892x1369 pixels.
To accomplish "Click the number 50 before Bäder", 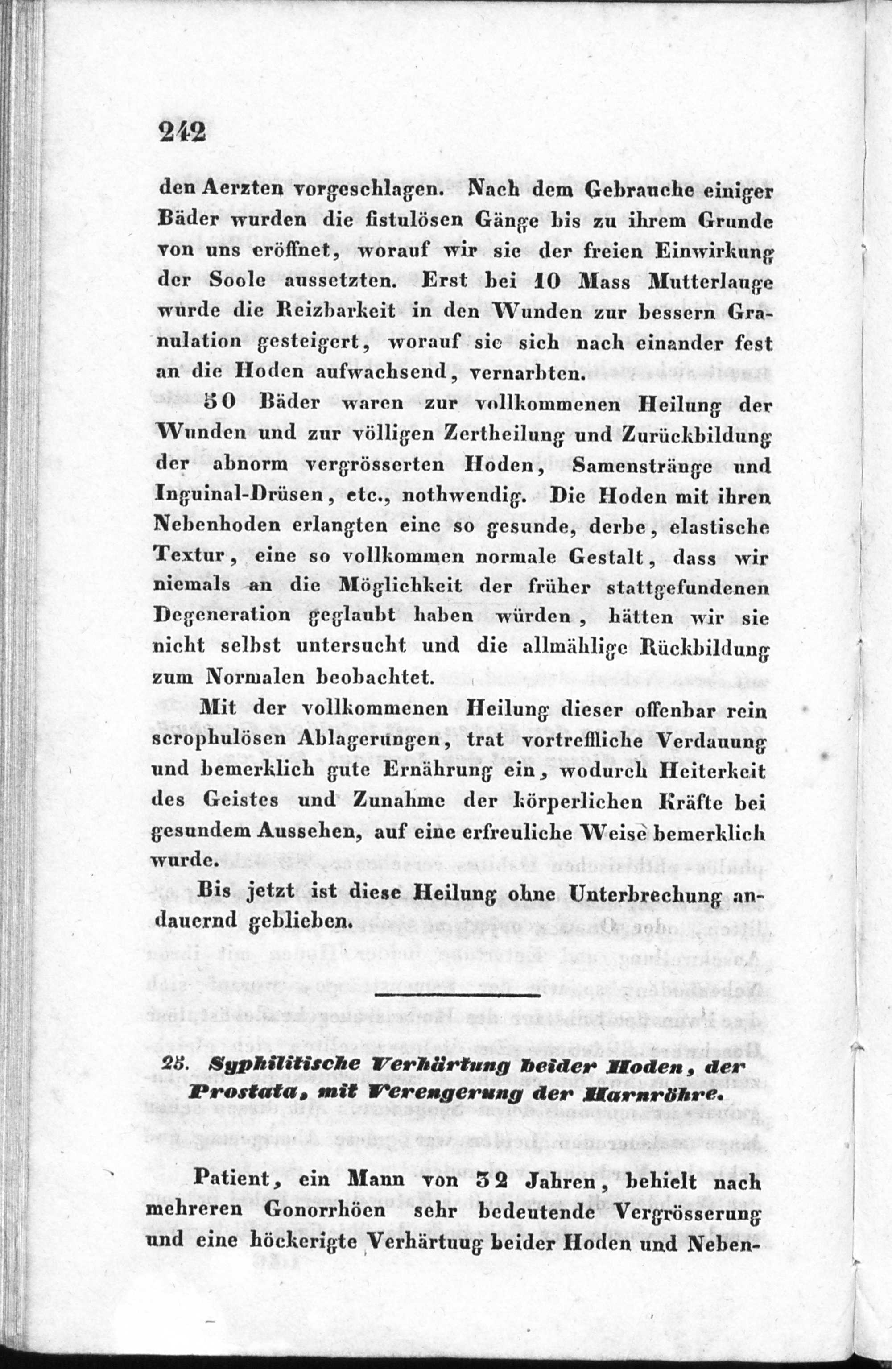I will coord(219,403).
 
